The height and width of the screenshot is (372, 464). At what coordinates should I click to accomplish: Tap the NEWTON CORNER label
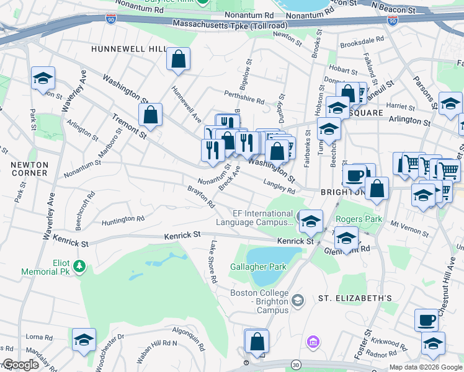(29, 169)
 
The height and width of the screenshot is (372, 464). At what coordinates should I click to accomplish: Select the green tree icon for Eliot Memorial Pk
(79, 266)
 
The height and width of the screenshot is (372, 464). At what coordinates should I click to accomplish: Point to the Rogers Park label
(359, 219)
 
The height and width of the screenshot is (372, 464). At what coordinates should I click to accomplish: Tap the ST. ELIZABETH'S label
(355, 298)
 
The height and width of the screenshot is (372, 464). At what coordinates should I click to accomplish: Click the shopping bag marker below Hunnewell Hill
(178, 60)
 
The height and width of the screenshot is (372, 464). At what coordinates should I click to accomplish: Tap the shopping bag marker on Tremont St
(150, 114)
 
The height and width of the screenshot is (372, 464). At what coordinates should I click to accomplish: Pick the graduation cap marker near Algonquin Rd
(84, 340)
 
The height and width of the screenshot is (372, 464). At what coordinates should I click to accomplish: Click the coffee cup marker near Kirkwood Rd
(426, 320)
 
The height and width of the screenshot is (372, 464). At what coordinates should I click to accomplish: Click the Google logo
(20, 365)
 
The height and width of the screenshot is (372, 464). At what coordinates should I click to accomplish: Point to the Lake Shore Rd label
(213, 262)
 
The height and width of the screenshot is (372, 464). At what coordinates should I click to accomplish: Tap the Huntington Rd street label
(123, 219)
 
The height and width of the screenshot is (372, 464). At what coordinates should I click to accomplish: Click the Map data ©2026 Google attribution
(426, 367)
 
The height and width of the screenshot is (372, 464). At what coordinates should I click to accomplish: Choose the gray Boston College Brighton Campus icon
(298, 301)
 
